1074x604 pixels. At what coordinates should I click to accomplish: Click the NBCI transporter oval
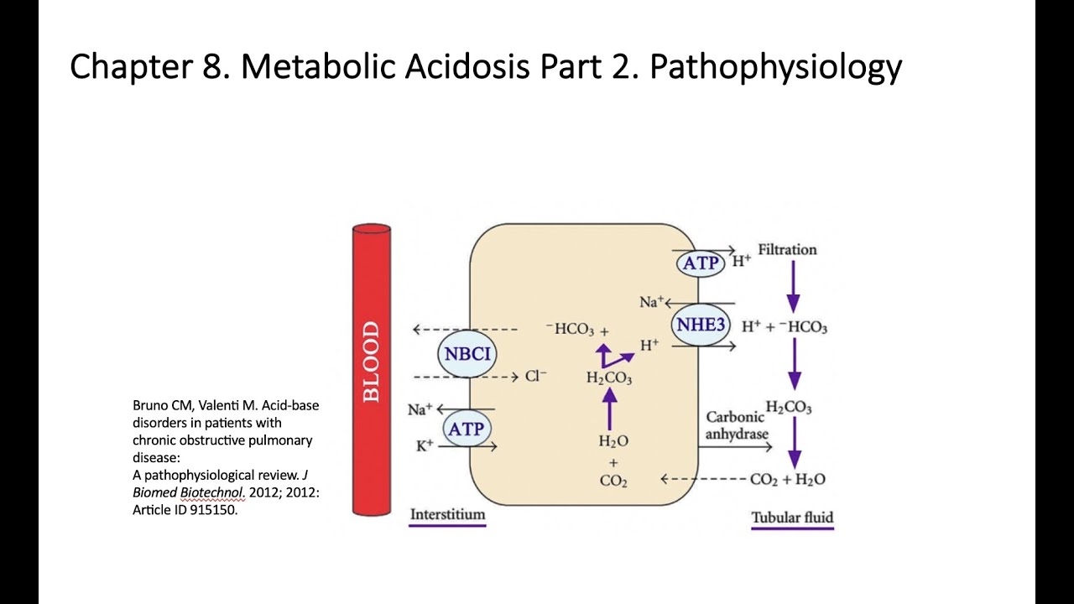pyautogui.click(x=467, y=353)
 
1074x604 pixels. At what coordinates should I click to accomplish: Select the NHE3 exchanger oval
pyautogui.click(x=701, y=325)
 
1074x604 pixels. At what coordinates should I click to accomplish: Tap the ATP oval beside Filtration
pyautogui.click(x=701, y=263)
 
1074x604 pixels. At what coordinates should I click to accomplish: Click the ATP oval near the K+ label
pyautogui.click(x=467, y=429)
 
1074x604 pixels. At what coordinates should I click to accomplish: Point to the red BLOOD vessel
pyautogui.click(x=371, y=369)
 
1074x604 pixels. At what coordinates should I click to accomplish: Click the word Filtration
pyautogui.click(x=787, y=249)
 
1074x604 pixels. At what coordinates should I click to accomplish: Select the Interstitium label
pyautogui.click(x=447, y=514)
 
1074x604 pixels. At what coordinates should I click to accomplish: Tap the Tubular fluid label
pyautogui.click(x=792, y=518)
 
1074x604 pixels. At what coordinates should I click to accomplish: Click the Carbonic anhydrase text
pyautogui.click(x=737, y=425)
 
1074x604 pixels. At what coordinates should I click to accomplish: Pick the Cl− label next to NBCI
pyautogui.click(x=536, y=377)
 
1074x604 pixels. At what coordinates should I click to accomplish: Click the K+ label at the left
pyautogui.click(x=425, y=445)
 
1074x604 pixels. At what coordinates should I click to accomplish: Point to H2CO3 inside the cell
pyautogui.click(x=609, y=379)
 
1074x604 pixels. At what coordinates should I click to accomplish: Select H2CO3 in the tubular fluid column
pyautogui.click(x=789, y=408)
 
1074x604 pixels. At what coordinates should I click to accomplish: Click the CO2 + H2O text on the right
pyautogui.click(x=787, y=479)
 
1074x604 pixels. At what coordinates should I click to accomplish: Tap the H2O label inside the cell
pyautogui.click(x=613, y=441)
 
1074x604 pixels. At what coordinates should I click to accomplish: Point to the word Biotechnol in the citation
pyautogui.click(x=206, y=492)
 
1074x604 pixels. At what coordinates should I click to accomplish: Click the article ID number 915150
pyautogui.click(x=212, y=509)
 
